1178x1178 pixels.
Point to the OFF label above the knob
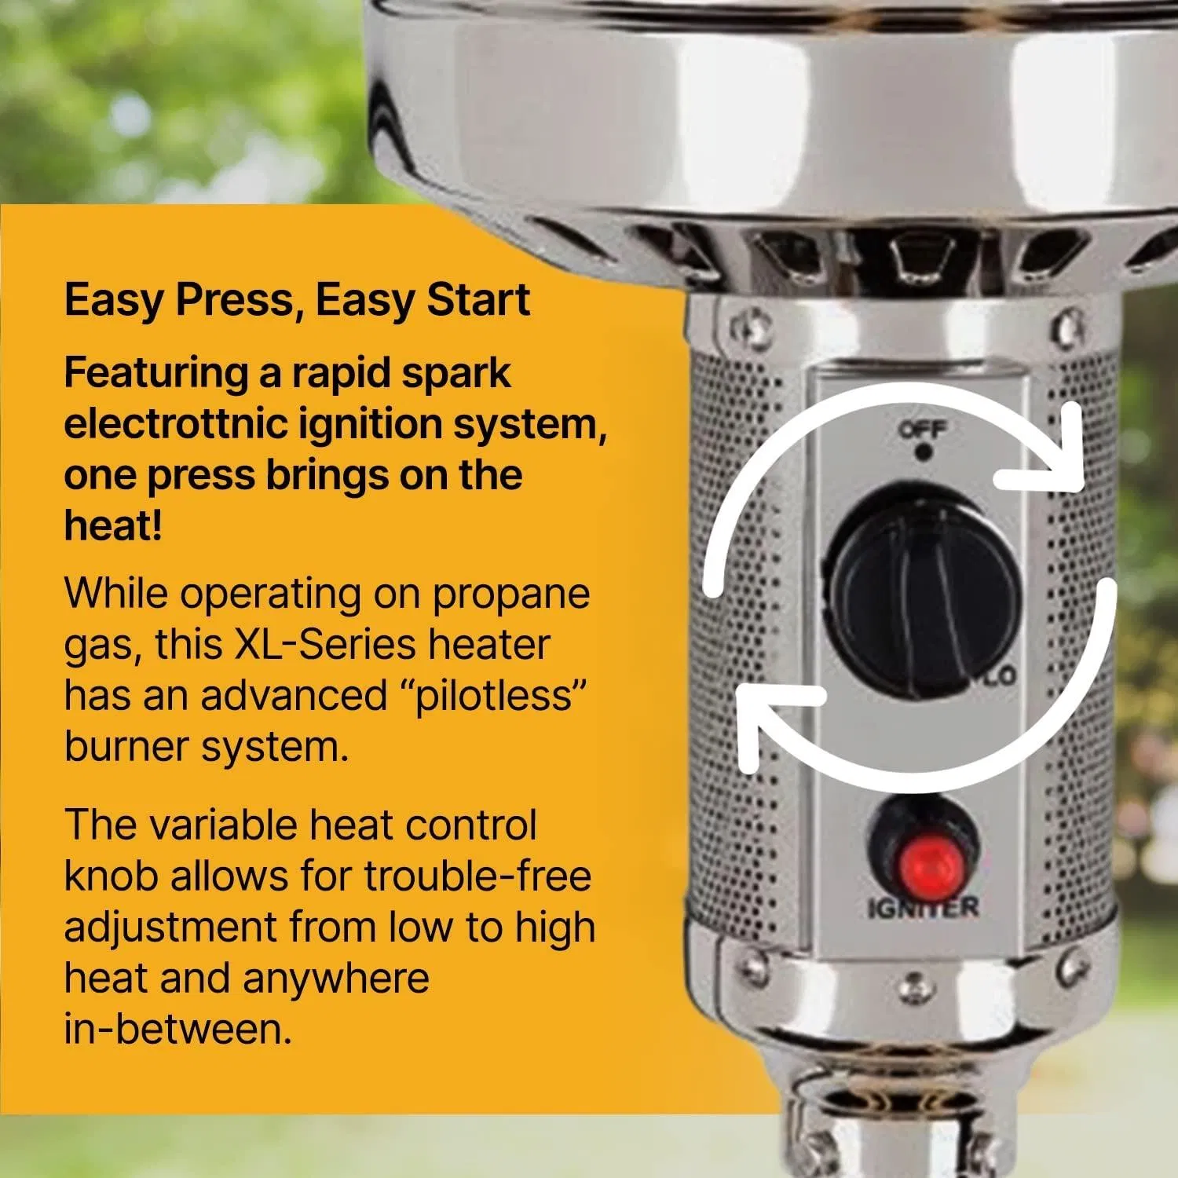coord(924,430)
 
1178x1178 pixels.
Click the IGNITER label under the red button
coord(924,908)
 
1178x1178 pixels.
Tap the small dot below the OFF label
coord(924,452)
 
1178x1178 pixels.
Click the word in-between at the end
coord(177,1029)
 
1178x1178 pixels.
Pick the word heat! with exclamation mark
coord(113,526)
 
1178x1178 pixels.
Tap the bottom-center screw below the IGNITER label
coord(912,983)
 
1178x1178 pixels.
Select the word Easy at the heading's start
coord(113,300)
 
